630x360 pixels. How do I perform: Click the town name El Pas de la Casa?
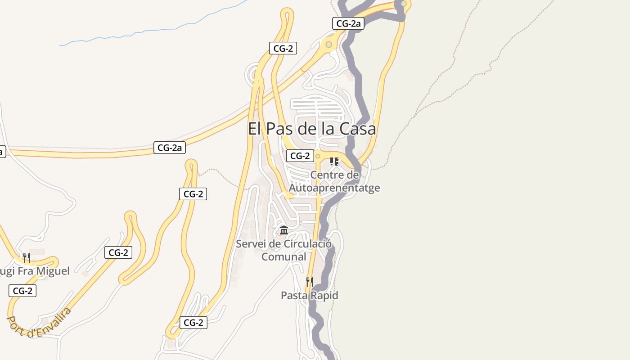pyautogui.click(x=312, y=129)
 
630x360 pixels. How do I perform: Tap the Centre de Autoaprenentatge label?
pyautogui.click(x=334, y=181)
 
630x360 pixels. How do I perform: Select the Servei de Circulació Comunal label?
pyautogui.click(x=284, y=250)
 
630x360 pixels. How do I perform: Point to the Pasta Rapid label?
pyautogui.click(x=309, y=296)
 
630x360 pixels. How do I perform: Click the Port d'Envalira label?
pyautogui.click(x=39, y=322)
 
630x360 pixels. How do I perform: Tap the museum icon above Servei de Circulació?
pyautogui.click(x=284, y=230)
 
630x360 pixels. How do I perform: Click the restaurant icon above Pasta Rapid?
pyautogui.click(x=309, y=282)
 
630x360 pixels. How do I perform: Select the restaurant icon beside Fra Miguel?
pyautogui.click(x=27, y=258)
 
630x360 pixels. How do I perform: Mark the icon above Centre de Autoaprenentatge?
pyautogui.click(x=334, y=161)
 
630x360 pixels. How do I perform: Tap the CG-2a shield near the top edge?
pyautogui.click(x=348, y=24)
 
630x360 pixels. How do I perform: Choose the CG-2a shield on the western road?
pyautogui.click(x=170, y=147)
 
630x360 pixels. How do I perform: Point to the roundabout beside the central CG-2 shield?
pyautogui.click(x=318, y=156)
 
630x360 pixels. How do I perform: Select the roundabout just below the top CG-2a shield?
pyautogui.click(x=329, y=45)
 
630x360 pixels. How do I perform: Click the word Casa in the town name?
pyautogui.click(x=357, y=129)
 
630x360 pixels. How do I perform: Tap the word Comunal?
pyautogui.click(x=284, y=257)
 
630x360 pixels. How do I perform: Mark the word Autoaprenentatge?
pyautogui.click(x=334, y=188)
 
